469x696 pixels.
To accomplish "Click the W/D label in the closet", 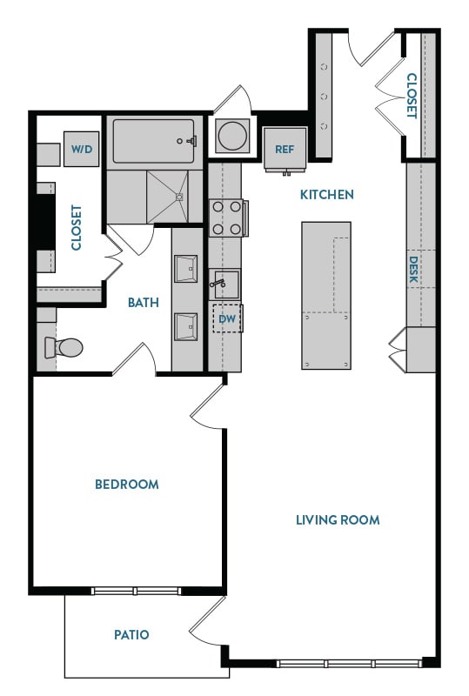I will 82,150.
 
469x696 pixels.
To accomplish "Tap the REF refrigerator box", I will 285,149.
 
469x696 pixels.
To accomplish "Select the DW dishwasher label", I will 227,319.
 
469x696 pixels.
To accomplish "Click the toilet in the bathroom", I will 64,348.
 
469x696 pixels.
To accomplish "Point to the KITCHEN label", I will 327,195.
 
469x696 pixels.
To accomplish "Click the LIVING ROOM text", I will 338,520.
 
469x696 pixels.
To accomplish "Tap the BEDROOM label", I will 127,485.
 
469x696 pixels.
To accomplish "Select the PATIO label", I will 131,635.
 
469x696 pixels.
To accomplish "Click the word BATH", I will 144,303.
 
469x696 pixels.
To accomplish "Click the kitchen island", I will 326,293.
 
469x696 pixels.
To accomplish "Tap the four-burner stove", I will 226,217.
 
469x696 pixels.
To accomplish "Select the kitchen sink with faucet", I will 225,284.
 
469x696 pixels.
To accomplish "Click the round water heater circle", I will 233,136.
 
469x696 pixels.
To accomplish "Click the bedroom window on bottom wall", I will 136,592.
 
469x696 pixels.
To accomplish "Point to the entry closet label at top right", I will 412,96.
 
